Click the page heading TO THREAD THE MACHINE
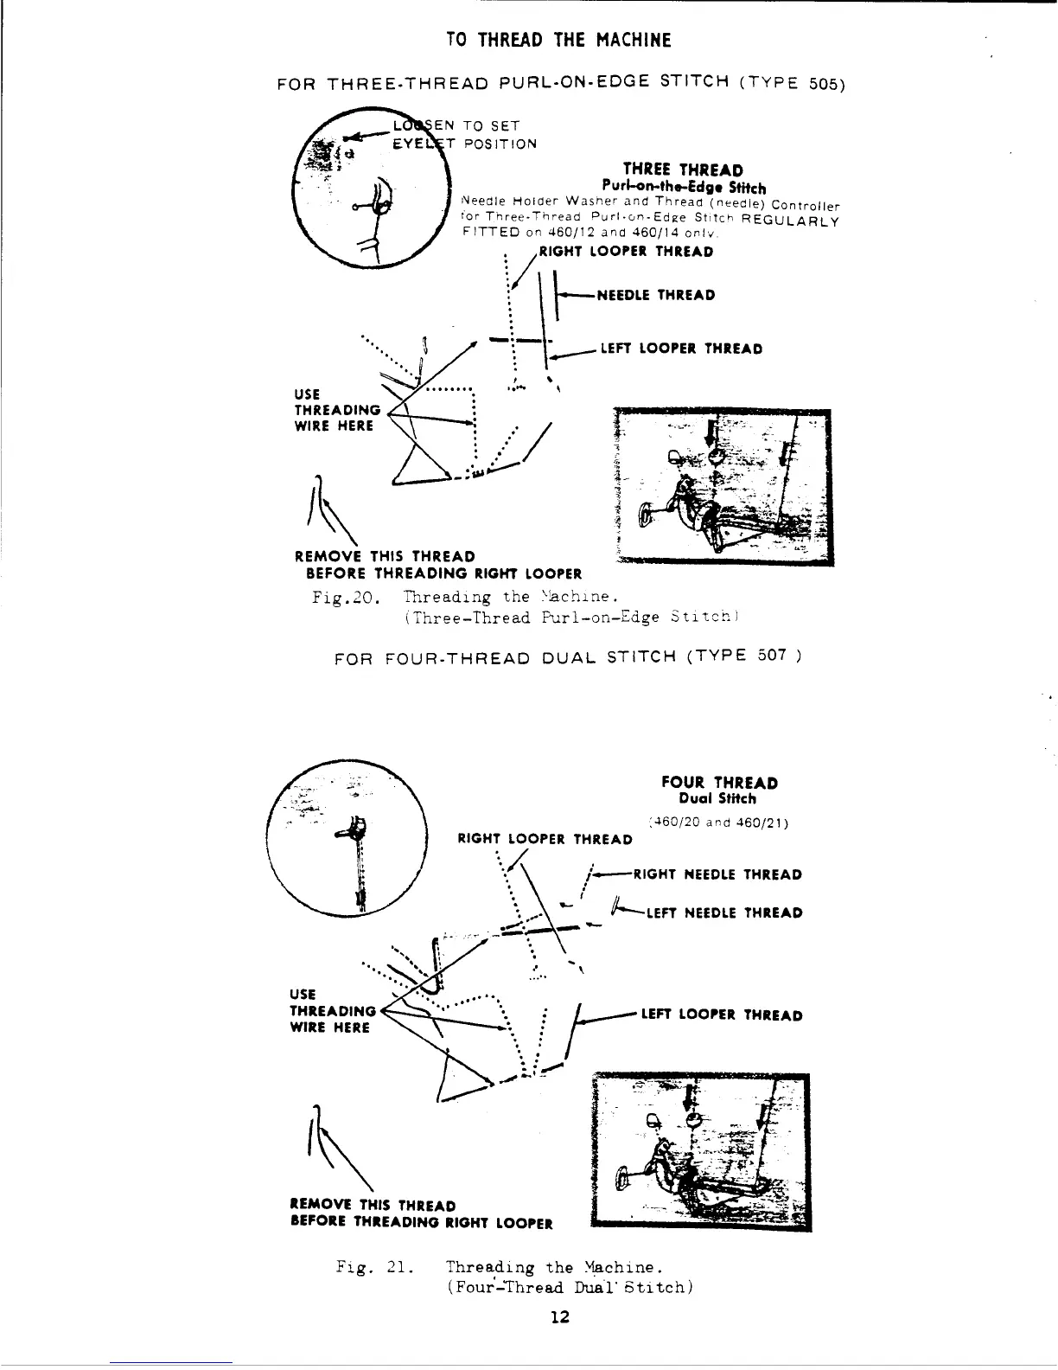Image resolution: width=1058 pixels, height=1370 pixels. [558, 40]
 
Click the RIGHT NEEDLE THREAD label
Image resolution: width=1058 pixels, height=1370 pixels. [717, 874]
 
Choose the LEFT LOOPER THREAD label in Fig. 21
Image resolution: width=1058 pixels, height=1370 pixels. [721, 1015]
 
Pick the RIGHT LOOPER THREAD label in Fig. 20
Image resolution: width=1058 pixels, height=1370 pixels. [626, 253]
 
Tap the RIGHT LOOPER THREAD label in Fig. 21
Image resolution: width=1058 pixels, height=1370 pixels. [545, 839]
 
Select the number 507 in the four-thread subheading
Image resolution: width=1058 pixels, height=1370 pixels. [772, 655]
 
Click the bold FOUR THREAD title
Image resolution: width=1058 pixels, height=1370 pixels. [719, 783]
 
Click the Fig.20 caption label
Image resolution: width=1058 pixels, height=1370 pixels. [344, 597]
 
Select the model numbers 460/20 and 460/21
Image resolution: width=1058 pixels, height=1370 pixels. [717, 823]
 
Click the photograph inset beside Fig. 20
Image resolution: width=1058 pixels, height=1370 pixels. [720, 487]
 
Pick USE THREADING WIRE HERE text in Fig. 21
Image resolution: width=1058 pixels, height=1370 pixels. [330, 1011]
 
